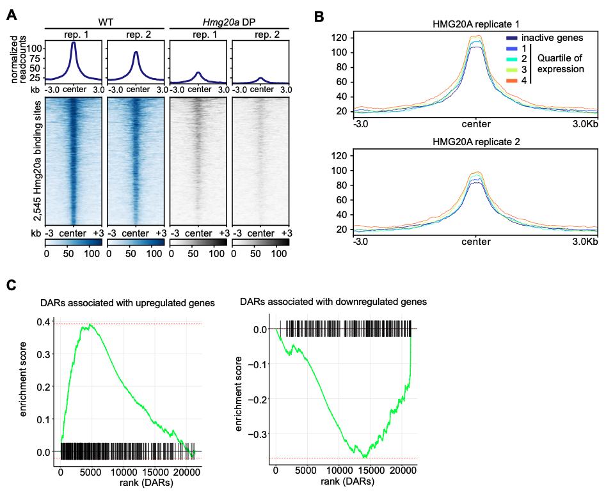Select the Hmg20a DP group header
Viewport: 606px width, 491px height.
pyautogui.click(x=228, y=22)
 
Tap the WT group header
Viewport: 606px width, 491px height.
pyautogui.click(x=104, y=22)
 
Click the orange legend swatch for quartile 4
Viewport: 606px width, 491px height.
pyautogui.click(x=512, y=81)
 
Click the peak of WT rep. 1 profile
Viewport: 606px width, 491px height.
pyautogui.click(x=74, y=43)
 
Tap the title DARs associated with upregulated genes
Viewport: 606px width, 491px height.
pyautogui.click(x=119, y=303)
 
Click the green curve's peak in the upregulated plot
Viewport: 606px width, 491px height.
pyautogui.click(x=91, y=325)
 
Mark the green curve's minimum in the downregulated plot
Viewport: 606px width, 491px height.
pyautogui.click(x=364, y=457)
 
